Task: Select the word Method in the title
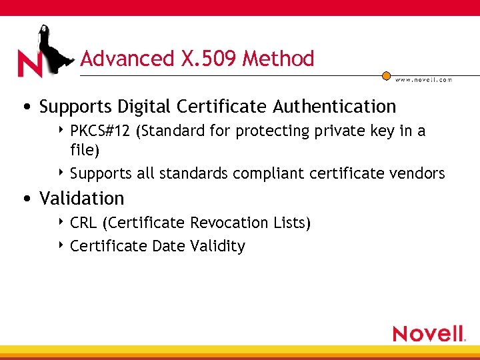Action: pos(278,59)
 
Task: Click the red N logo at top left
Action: pos(30,63)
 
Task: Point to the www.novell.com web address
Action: pos(423,80)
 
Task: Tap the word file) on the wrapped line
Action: pos(85,151)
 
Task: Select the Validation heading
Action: pos(82,198)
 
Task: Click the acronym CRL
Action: pos(83,223)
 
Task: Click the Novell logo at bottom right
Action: pos(429,333)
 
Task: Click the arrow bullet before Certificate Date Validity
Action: pos(61,246)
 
